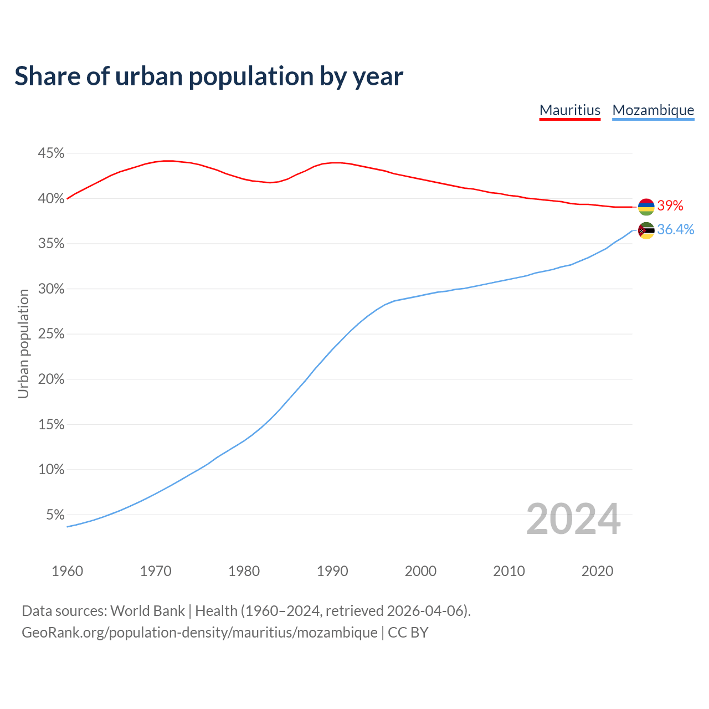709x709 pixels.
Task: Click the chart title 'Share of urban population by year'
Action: click(x=209, y=76)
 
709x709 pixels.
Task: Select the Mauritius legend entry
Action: click(x=570, y=110)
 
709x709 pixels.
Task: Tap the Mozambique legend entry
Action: click(x=653, y=110)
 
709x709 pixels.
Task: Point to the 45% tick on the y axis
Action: click(x=51, y=153)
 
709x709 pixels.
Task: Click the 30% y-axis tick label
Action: click(x=51, y=289)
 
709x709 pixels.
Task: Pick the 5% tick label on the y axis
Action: click(x=55, y=515)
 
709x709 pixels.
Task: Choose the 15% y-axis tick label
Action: click(x=51, y=425)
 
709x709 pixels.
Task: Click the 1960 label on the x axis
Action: click(x=67, y=571)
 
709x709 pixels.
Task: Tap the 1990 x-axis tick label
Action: click(x=332, y=571)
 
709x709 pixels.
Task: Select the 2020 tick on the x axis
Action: click(x=597, y=571)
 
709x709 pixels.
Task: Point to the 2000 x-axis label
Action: click(x=420, y=571)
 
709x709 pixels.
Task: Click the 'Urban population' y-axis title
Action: click(x=23, y=344)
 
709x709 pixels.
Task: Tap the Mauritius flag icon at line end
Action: click(x=646, y=207)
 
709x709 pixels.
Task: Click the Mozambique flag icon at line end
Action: click(x=646, y=230)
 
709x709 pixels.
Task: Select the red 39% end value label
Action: click(x=670, y=206)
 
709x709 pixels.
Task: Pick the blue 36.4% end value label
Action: click(x=675, y=230)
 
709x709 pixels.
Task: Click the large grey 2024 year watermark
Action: click(x=573, y=519)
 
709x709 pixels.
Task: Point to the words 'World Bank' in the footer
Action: click(x=147, y=611)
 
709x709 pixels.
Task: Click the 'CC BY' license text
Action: click(x=408, y=633)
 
